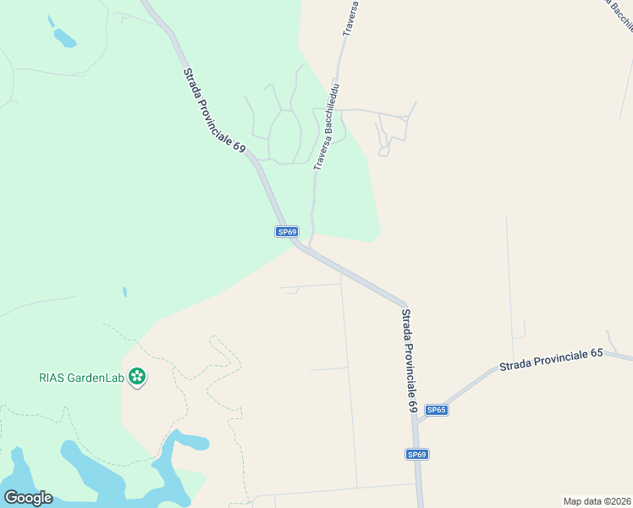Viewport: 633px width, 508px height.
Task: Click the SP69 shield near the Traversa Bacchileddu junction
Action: click(287, 232)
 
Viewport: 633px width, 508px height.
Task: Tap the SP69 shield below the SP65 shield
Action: click(416, 455)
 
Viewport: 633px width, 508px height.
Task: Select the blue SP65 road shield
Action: click(436, 410)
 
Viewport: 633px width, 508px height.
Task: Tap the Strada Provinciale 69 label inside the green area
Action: click(213, 109)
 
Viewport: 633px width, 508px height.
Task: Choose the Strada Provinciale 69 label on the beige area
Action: click(409, 359)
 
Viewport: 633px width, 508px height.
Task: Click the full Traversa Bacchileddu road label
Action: click(328, 126)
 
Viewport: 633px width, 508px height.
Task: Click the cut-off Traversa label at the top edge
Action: click(351, 17)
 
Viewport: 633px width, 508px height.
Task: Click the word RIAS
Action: click(53, 378)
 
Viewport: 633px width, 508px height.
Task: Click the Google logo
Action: click(28, 498)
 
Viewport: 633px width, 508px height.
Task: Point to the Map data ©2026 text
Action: click(597, 500)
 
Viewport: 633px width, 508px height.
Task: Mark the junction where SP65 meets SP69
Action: click(417, 422)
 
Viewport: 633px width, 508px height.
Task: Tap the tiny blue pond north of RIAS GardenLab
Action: click(124, 292)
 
